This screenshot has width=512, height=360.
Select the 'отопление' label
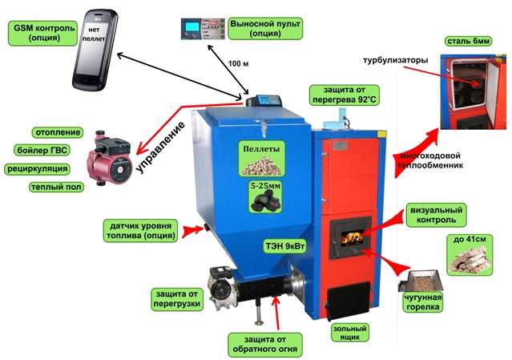click(x=58, y=131)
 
